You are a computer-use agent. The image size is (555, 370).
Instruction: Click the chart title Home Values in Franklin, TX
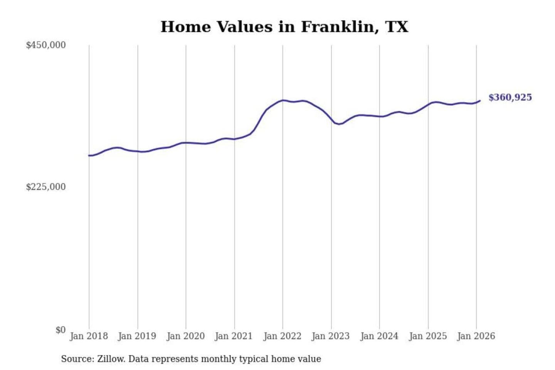click(284, 27)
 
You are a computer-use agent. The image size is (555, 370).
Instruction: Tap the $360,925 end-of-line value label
click(510, 98)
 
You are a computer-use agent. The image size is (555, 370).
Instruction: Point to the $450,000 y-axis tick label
click(46, 45)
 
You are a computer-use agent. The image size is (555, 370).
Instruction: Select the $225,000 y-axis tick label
click(46, 187)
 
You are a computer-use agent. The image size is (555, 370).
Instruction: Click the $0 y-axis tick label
click(61, 330)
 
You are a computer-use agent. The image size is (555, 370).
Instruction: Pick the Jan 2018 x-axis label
click(89, 336)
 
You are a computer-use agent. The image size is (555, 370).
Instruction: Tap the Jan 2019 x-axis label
click(137, 336)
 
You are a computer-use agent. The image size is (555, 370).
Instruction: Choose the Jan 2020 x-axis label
click(185, 336)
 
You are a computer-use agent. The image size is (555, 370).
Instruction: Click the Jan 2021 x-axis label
click(234, 336)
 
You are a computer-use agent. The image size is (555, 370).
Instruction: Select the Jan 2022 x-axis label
click(282, 336)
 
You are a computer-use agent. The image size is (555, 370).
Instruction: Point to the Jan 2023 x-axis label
click(330, 336)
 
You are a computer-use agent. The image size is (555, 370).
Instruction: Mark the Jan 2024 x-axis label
click(379, 336)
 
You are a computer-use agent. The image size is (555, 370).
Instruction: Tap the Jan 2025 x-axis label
click(427, 336)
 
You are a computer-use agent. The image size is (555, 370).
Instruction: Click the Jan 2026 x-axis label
click(476, 336)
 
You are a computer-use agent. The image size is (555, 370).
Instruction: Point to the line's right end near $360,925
click(480, 101)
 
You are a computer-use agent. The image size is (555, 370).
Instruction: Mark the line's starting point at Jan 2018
click(89, 155)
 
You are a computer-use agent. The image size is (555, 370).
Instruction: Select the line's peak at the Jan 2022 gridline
click(283, 100)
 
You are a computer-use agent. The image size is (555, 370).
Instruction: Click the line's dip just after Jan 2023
click(339, 124)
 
